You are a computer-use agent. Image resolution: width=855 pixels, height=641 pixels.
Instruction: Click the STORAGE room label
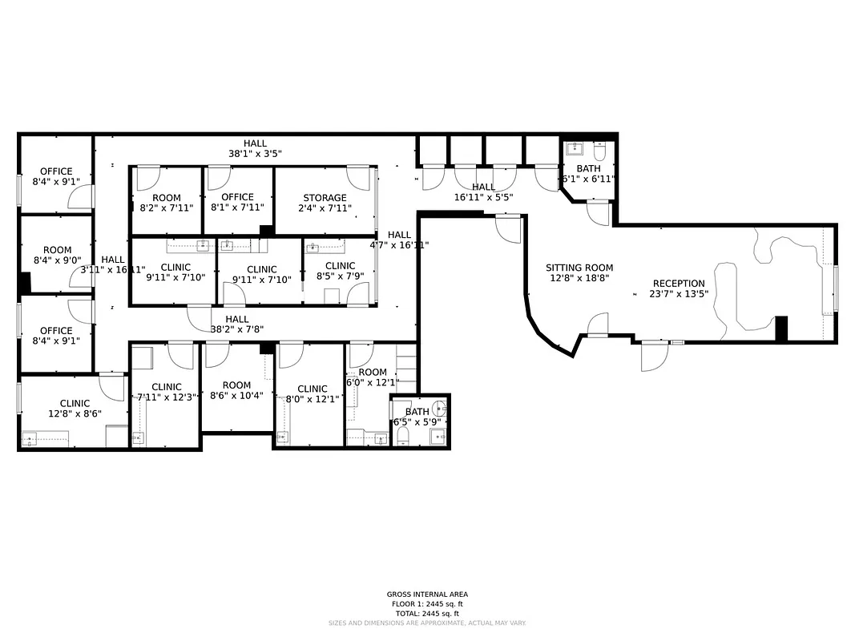tap(325, 198)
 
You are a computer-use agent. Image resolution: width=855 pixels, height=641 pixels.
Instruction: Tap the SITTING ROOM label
tap(579, 268)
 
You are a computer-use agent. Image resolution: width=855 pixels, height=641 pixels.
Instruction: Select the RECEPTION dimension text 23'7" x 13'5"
tap(679, 293)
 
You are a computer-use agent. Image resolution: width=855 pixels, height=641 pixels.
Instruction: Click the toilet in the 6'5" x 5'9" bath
tap(404, 436)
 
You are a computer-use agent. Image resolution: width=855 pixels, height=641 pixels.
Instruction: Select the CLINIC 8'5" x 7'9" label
tap(340, 266)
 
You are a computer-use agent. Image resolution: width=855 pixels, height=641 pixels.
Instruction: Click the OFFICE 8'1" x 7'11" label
tap(237, 197)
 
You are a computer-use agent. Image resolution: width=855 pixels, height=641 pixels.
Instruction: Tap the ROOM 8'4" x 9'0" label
tap(57, 250)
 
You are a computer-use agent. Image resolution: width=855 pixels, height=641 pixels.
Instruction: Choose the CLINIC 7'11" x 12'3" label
tap(167, 387)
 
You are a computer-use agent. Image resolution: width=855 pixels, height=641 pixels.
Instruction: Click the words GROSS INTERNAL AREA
tap(427, 595)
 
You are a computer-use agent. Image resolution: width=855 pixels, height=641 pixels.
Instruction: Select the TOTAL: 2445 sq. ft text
tap(427, 613)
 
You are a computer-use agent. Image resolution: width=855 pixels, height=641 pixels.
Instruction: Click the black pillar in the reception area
tap(780, 329)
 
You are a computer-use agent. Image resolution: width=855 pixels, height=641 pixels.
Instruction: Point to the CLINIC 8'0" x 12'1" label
tap(312, 389)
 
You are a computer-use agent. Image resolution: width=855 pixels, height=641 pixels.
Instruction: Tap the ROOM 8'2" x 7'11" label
tap(166, 198)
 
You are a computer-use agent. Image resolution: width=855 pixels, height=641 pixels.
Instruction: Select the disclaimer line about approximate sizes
tap(427, 623)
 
